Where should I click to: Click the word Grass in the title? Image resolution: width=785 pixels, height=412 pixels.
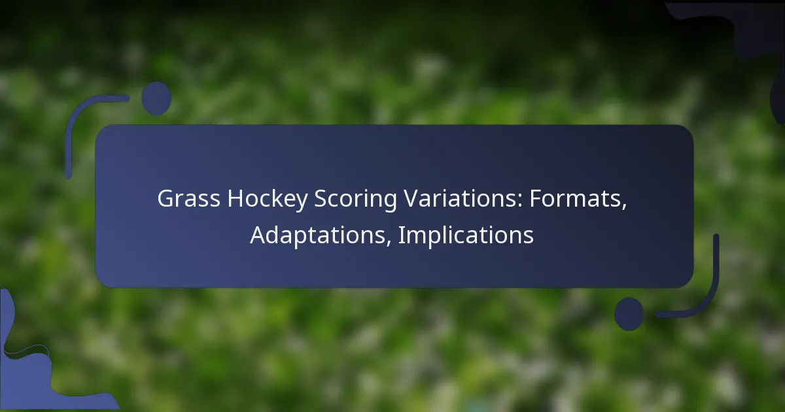[x=188, y=199]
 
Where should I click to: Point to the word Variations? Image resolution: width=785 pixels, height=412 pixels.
[x=462, y=199]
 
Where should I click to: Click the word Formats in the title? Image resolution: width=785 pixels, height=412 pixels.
[x=575, y=199]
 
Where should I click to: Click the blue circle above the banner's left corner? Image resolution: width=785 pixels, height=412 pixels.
[x=156, y=99]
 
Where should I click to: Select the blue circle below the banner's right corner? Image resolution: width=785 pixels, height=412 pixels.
[x=629, y=314]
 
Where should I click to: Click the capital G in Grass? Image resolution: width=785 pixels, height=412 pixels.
[x=166, y=199]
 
